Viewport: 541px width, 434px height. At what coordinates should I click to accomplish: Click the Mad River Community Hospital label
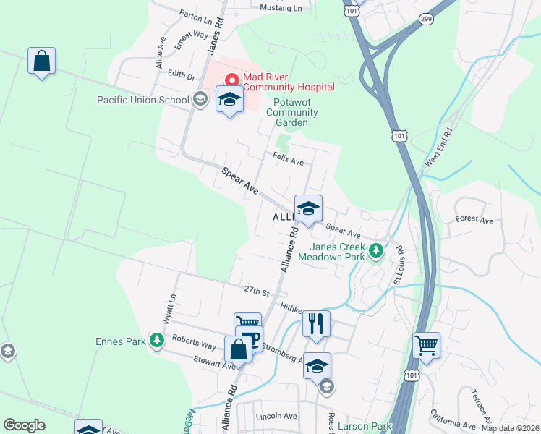point(289,82)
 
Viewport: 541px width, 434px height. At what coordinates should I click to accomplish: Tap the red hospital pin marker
point(233,80)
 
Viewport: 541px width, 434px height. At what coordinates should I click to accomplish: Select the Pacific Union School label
point(142,100)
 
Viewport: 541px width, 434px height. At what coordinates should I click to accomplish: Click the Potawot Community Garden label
point(291,113)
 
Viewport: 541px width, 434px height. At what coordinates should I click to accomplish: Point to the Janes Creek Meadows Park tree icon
point(375,251)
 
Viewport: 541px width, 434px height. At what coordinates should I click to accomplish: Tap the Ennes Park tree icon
point(156,341)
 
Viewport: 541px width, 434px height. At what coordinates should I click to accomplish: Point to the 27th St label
point(256,291)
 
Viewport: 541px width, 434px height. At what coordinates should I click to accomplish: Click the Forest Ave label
point(474,219)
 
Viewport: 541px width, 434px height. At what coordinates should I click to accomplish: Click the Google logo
point(24,425)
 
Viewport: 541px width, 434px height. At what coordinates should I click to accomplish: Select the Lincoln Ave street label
point(276,417)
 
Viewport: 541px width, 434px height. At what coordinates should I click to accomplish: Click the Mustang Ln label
point(281,7)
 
